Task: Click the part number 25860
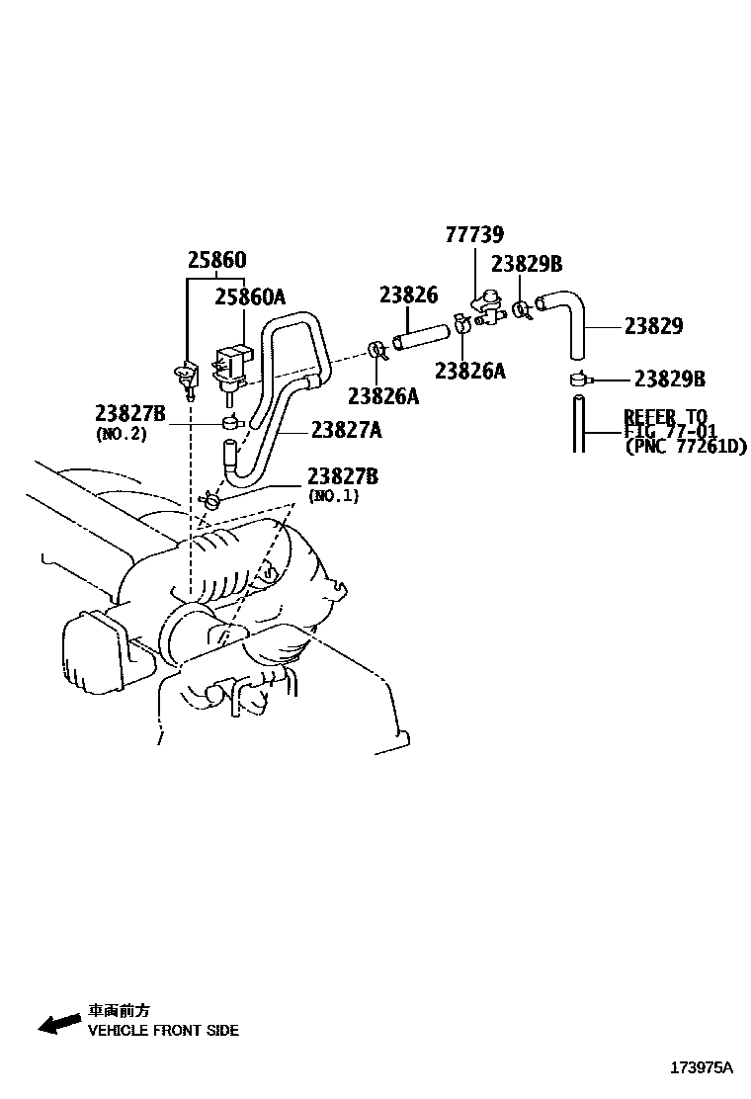(217, 260)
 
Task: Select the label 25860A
(250, 296)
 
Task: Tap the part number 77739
(474, 234)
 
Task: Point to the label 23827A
(347, 429)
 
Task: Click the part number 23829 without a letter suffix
(653, 326)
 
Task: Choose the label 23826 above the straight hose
(408, 296)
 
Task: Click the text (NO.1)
(333, 495)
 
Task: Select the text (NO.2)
(122, 434)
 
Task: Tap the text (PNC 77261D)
(686, 446)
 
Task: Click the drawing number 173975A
(702, 1067)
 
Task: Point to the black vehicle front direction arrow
(59, 1023)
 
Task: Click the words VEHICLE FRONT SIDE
(163, 1030)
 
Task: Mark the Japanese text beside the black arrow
(119, 1011)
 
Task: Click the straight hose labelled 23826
(420, 335)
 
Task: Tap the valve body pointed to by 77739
(487, 309)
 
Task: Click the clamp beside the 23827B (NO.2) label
(230, 423)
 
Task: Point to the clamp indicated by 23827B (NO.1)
(210, 500)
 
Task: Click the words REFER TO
(666, 416)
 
